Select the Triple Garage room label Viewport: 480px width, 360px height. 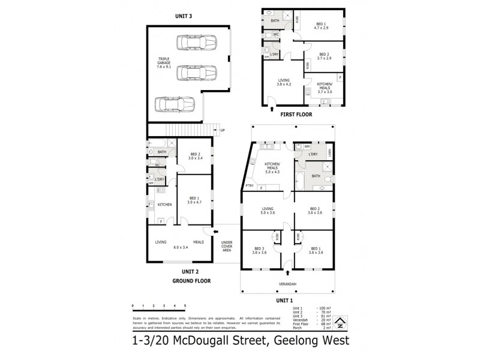point(160,62)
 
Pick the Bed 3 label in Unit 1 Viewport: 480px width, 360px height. point(259,251)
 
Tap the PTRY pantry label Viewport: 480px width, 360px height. point(250,185)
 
